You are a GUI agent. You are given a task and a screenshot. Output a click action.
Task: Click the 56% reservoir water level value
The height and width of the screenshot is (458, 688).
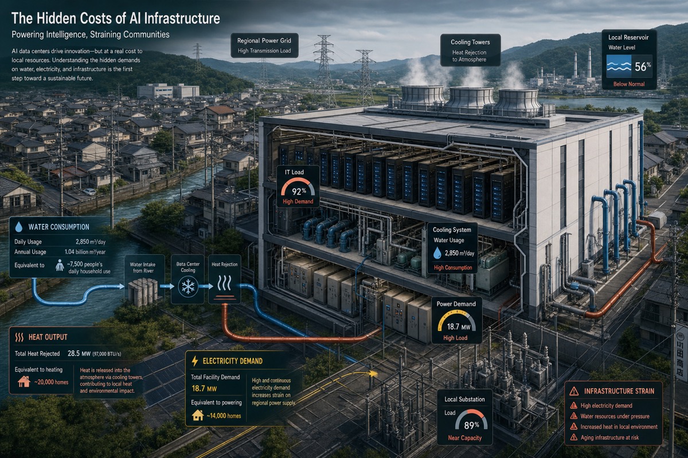[x=643, y=66]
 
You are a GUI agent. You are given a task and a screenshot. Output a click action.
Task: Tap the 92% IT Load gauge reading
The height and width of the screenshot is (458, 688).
[x=299, y=191]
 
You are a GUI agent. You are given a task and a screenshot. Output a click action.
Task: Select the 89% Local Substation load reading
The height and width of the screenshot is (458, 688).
[x=471, y=425]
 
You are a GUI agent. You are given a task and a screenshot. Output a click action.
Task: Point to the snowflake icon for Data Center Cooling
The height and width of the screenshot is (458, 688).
[x=187, y=286]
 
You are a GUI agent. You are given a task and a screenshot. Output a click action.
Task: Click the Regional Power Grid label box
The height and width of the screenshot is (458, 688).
[x=264, y=45]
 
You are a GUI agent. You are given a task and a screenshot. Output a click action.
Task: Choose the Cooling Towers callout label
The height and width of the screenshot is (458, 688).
[x=470, y=50]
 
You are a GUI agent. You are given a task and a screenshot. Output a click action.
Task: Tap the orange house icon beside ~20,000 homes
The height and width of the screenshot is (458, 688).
[x=24, y=382]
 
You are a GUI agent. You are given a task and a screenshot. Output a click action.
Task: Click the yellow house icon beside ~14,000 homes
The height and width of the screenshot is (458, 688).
[x=198, y=416]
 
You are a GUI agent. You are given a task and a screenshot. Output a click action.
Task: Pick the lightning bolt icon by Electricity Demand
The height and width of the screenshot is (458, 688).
[x=195, y=361]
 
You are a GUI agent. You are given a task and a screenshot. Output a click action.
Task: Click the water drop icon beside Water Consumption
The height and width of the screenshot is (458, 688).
[x=19, y=227]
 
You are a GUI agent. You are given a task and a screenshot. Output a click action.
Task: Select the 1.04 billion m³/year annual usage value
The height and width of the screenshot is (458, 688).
[x=85, y=252]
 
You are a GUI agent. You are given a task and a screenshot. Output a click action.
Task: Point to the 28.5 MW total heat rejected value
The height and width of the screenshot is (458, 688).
[x=79, y=353]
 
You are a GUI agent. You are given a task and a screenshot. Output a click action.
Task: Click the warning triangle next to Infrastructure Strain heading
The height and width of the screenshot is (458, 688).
[x=574, y=391]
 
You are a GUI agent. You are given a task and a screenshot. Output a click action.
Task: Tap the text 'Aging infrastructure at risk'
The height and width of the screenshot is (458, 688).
[x=609, y=437]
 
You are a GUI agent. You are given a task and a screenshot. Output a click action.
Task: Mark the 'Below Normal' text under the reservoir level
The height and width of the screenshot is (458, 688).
[x=629, y=84]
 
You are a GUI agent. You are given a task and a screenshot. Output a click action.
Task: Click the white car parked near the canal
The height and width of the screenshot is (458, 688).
[x=89, y=192]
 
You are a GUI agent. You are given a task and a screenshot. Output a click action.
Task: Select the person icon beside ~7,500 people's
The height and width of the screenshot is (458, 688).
[x=60, y=265]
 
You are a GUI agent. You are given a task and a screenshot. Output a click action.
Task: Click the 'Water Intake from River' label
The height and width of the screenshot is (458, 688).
[x=143, y=267]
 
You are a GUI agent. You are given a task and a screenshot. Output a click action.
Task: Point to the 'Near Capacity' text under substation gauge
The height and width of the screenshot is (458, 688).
[x=465, y=438]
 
